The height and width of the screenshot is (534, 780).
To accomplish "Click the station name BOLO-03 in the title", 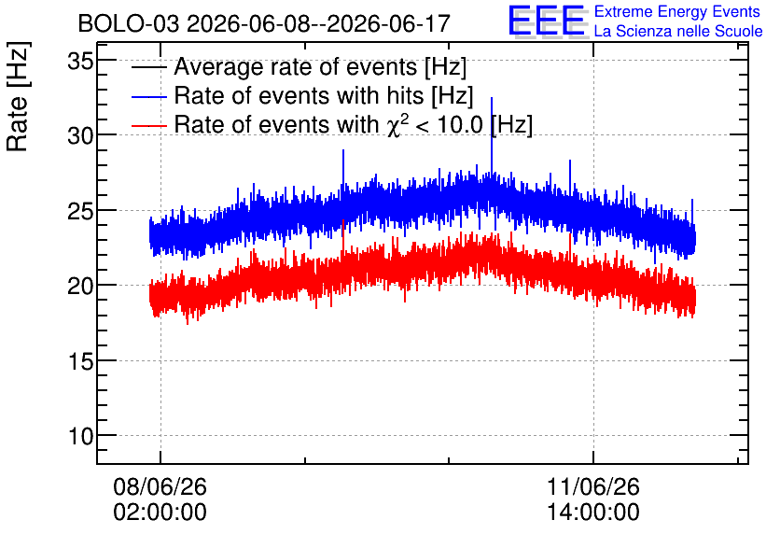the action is [x=129, y=23].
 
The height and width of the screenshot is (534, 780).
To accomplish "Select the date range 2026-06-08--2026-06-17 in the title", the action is [x=318, y=23].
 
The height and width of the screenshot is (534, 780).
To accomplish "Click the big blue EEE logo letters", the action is [x=547, y=21].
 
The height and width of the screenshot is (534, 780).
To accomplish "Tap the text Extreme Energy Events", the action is [x=677, y=11].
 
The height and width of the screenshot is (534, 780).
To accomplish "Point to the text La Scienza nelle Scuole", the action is [x=678, y=31].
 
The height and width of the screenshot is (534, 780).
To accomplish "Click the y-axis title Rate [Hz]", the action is [x=18, y=96].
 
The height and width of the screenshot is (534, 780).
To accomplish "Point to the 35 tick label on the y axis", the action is [x=80, y=63].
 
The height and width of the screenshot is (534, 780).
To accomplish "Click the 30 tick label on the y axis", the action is [x=80, y=135].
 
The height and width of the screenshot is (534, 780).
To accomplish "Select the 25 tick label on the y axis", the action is [x=80, y=211].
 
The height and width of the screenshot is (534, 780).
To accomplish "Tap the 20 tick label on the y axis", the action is [x=80, y=287].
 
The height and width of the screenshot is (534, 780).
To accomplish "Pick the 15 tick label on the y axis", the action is [x=80, y=361].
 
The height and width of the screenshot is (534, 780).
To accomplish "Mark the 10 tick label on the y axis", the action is [x=80, y=437].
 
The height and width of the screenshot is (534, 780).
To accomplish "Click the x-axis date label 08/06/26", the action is [x=160, y=486].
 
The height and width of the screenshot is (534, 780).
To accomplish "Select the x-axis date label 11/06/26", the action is [x=593, y=486].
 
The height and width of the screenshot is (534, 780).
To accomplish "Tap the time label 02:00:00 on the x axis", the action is [x=160, y=513].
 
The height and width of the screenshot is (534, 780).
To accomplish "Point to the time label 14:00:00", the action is [x=593, y=513].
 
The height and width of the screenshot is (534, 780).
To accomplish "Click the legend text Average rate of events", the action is [x=297, y=66].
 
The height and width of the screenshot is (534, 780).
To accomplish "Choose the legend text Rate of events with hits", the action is [x=299, y=95].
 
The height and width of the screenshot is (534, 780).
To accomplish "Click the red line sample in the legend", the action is [x=148, y=125].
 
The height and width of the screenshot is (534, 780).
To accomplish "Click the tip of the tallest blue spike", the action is [x=492, y=97].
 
